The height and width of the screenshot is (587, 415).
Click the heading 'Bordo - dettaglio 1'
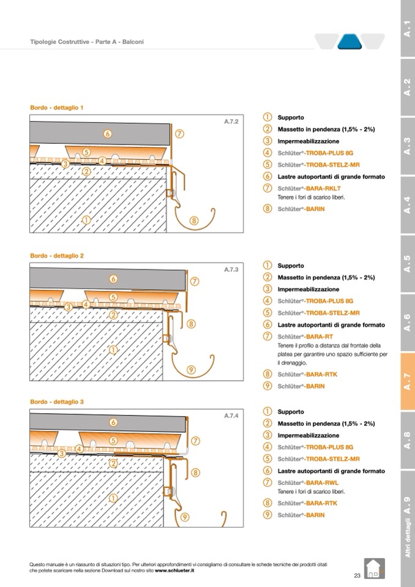point(57,108)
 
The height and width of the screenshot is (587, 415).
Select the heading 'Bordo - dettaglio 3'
point(57,402)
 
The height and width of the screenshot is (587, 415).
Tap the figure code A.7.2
point(231,122)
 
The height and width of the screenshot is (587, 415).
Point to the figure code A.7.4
point(231,416)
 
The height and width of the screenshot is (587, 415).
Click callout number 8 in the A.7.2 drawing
point(194,221)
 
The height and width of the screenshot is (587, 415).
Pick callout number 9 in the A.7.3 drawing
point(192,369)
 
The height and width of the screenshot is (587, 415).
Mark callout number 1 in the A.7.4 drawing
point(113,498)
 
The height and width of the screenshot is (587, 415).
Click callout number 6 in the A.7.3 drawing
point(113,279)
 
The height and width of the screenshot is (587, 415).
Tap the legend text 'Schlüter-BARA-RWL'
point(307,483)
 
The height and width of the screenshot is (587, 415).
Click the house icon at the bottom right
point(374,568)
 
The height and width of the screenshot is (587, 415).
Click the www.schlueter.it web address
point(174,570)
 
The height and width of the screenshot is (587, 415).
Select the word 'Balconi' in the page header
point(133,42)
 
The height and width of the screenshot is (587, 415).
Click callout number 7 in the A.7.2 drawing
point(179,133)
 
